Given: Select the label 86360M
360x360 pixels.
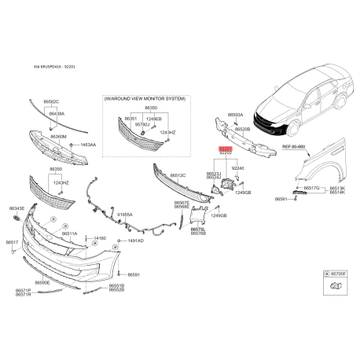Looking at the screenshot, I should click(59, 136).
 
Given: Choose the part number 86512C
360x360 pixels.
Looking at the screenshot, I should click(178, 175).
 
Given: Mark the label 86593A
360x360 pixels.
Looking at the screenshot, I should click(236, 115).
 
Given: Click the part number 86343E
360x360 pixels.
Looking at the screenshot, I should click(17, 208).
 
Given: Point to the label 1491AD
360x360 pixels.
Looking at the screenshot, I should click(136, 241).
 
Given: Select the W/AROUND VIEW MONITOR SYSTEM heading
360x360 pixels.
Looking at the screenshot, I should click(145, 98).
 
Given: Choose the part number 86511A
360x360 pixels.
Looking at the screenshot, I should click(70, 233).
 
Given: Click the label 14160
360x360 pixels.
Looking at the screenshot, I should click(100, 237).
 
